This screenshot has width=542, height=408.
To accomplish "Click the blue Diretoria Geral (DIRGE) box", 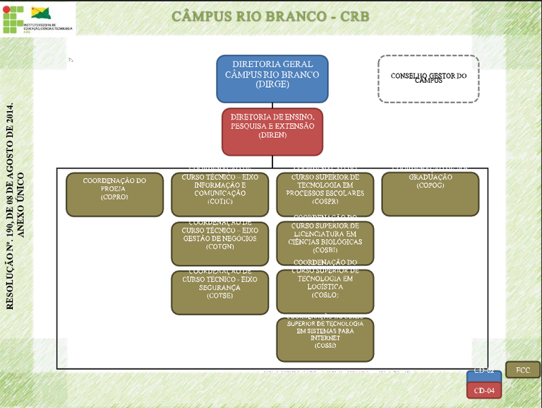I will click(x=272, y=78).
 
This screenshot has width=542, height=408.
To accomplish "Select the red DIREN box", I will click(x=272, y=132).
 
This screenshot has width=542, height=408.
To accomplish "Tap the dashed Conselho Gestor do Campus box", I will click(x=428, y=78).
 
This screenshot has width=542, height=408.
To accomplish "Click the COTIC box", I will click(x=219, y=194).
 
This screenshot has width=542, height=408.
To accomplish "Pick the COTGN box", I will click(x=219, y=243).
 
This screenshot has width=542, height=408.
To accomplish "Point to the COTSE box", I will click(x=219, y=292).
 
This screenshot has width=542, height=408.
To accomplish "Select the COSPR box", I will click(x=325, y=194).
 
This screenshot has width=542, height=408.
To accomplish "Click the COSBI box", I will click(x=325, y=243).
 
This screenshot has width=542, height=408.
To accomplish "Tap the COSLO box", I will click(x=325, y=291).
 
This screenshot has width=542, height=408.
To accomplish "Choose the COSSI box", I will click(x=325, y=339).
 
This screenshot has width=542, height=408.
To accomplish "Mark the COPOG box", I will click(x=430, y=194).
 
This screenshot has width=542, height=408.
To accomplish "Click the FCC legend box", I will click(x=523, y=370).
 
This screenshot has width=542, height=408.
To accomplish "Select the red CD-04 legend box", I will click(x=484, y=390).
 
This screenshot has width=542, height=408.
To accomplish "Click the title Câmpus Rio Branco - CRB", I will click(x=271, y=17).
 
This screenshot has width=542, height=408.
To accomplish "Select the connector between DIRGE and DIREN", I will click(x=272, y=105).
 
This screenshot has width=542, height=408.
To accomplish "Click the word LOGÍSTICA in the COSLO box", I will click(x=325, y=288).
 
